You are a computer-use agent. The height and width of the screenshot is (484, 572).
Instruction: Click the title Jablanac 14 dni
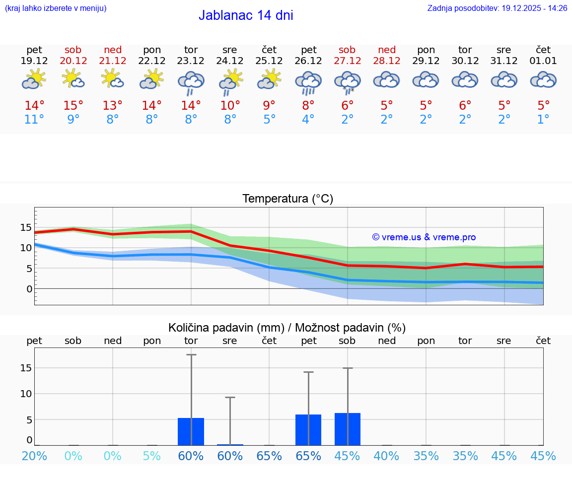coord(246,15)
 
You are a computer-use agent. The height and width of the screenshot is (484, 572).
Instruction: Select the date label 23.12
coord(191,61)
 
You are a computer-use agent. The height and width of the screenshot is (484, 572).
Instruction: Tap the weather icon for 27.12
coord(347,82)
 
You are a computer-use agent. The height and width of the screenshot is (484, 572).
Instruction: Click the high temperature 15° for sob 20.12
coord(73,106)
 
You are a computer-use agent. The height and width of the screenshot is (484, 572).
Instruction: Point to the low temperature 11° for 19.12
coord(34,120)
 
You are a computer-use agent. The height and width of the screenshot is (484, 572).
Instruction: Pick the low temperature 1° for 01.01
coord(543,120)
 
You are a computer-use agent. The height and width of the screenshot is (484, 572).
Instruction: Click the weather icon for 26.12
coord(308,82)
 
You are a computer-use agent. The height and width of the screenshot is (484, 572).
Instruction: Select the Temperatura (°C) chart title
coord(287,199)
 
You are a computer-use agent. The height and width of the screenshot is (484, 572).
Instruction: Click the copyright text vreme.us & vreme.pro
coord(424,237)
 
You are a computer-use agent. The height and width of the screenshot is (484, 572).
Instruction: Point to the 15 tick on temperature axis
coord(26,227)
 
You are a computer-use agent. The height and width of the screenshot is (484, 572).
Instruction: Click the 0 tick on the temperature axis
coord(29,289)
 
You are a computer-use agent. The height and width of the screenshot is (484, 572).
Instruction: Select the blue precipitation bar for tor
coord(191,431)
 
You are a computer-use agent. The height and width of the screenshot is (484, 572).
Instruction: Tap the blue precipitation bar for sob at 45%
coord(347,429)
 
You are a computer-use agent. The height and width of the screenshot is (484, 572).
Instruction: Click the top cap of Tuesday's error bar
coord(191,354)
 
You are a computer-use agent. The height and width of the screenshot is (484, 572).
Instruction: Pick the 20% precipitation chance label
coord(34,456)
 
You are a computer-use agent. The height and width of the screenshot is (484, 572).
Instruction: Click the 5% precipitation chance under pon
coord(152,456)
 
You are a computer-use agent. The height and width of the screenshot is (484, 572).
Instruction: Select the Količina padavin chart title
coord(287,328)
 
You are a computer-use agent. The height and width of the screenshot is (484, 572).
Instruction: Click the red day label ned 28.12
coord(387,55)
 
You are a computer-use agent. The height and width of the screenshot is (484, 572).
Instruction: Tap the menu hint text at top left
coord(56,8)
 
